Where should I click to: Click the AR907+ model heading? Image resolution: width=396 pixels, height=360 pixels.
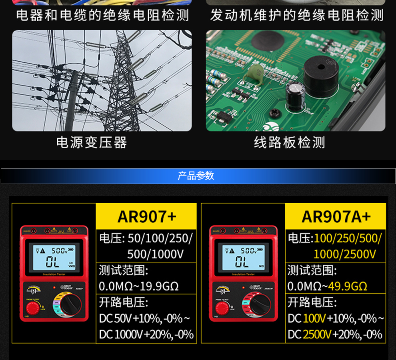146,216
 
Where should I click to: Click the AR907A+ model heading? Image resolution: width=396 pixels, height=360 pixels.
336,216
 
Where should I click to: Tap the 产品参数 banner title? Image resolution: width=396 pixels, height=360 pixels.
196,176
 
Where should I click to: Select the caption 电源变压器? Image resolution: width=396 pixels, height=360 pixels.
92,142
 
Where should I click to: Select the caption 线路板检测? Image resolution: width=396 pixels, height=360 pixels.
290,142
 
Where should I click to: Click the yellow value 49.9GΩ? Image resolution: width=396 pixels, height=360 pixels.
347,286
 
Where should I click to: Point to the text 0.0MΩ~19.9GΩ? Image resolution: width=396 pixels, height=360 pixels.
139,286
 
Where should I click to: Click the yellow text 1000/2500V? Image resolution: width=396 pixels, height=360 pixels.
344,254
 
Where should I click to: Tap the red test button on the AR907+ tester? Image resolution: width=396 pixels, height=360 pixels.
32,308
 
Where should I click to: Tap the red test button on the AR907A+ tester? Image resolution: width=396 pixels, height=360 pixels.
221,308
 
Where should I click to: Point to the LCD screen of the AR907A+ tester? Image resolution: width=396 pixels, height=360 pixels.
243,258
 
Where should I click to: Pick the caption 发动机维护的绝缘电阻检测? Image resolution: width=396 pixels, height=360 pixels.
296,16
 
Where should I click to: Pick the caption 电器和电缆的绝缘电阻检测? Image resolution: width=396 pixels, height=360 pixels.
102,16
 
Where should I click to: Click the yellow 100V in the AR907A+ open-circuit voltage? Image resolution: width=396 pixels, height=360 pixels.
314,318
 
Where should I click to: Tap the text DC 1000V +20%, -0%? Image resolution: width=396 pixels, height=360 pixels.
146,334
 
